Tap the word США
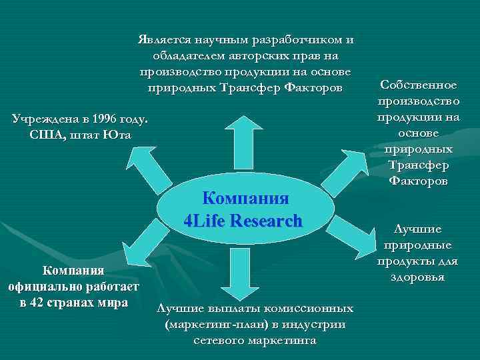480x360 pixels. coord(45,135)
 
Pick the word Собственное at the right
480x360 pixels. coord(419,85)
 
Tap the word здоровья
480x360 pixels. coord(419,277)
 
